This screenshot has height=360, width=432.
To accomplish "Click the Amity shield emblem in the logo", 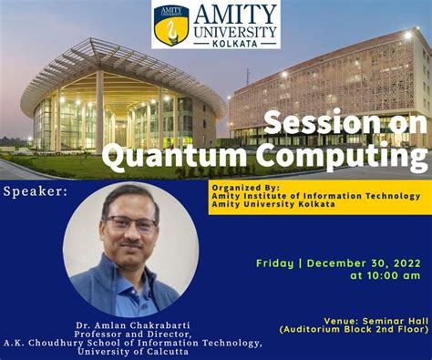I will click(x=171, y=25).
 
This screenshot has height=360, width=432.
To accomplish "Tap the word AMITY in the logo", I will click(x=233, y=13).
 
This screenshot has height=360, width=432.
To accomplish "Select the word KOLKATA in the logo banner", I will click(x=234, y=42).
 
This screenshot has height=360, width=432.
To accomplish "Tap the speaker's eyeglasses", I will click(x=130, y=223).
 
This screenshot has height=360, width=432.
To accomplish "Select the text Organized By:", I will click(x=242, y=188).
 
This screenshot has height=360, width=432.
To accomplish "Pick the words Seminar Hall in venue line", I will click(x=387, y=321).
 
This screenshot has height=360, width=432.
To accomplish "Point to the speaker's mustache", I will click(x=131, y=242).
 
